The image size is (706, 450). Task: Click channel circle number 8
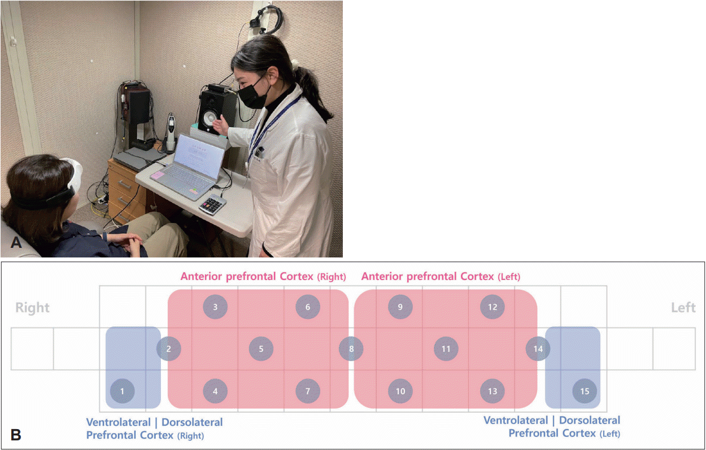point(351,349)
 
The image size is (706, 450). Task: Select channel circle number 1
point(123,391)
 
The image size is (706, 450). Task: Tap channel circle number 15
point(585,391)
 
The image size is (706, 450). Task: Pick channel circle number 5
point(261,349)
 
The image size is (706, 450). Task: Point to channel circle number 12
point(493,307)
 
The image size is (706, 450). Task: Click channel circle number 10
point(400,391)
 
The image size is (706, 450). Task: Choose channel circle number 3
point(215,307)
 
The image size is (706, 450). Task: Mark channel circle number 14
point(538,349)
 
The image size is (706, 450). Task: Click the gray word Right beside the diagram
point(32,308)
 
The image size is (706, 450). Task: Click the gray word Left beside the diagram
point(683,308)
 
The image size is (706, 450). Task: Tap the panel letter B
point(16,435)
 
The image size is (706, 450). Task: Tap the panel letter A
point(16,242)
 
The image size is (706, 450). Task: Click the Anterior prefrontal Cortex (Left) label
point(441,276)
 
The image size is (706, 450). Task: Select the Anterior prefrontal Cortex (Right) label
point(263,276)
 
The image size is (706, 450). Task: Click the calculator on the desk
point(213,204)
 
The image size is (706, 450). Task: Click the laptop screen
point(199,156)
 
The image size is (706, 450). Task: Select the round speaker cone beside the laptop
point(210,120)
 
